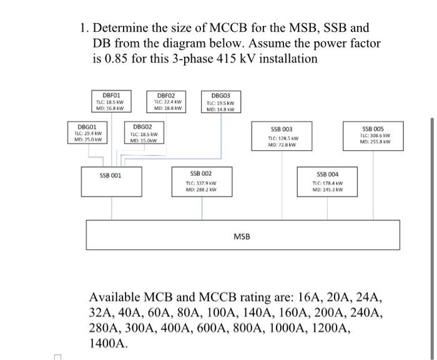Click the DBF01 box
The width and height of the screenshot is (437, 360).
107,102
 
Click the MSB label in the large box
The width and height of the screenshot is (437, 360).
242,237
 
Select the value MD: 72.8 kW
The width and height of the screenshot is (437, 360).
281,145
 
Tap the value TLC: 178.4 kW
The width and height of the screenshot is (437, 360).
328,182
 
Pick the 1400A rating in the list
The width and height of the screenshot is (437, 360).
108,343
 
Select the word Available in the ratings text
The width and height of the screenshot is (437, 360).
118,297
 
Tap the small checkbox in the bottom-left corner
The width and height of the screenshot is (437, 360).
58,356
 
